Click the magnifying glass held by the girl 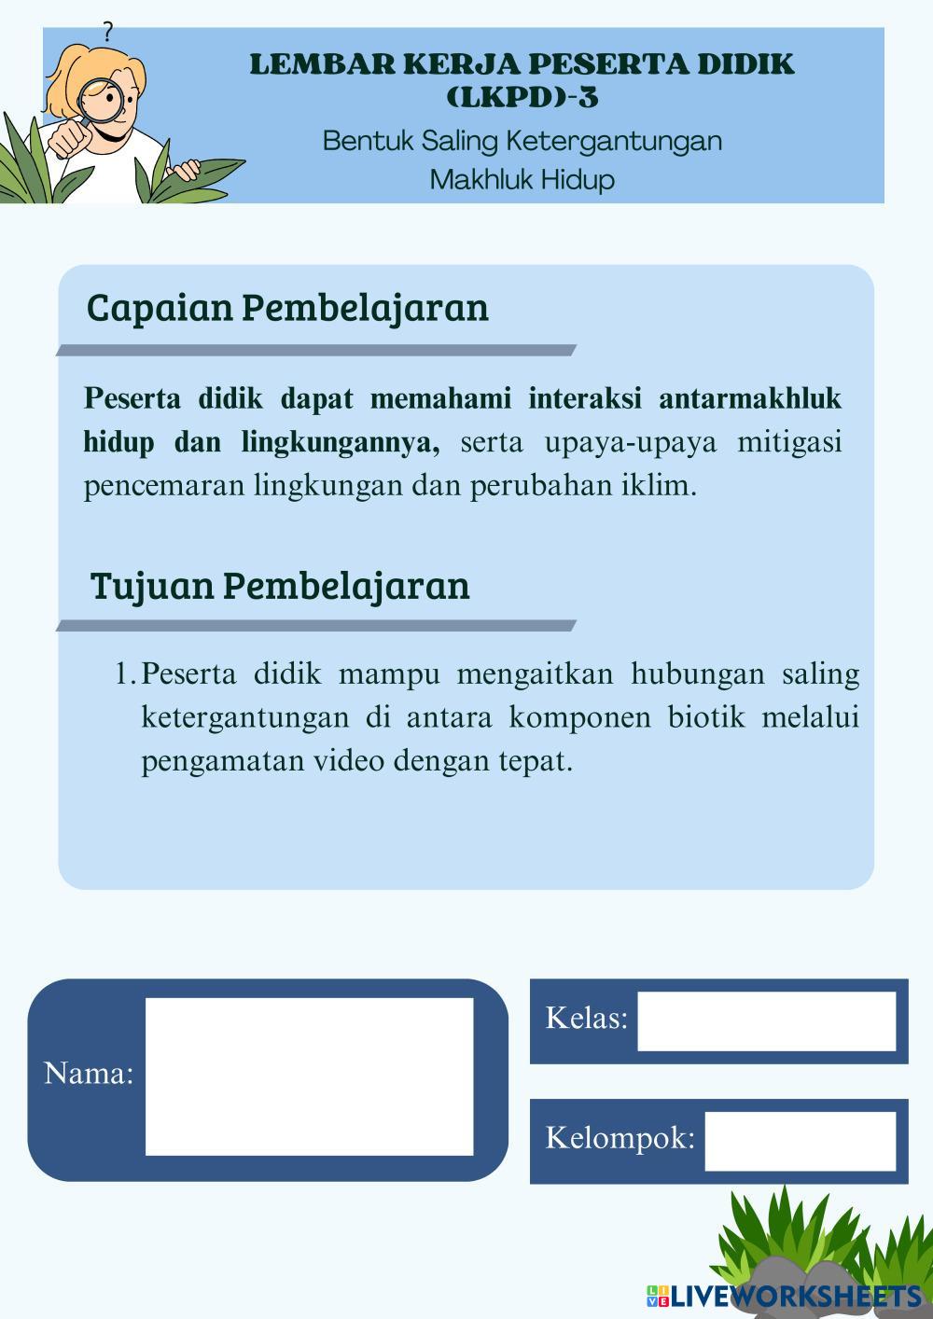96,101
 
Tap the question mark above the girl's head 107,34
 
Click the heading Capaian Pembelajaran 287,307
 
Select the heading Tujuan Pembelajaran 280,586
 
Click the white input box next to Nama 309,1076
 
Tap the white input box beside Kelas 766,1020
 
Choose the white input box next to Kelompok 800,1140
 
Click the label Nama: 89,1074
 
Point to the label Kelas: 586,1018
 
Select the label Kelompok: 620,1138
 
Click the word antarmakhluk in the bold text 750,399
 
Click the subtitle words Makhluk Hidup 522,179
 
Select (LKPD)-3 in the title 522,97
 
